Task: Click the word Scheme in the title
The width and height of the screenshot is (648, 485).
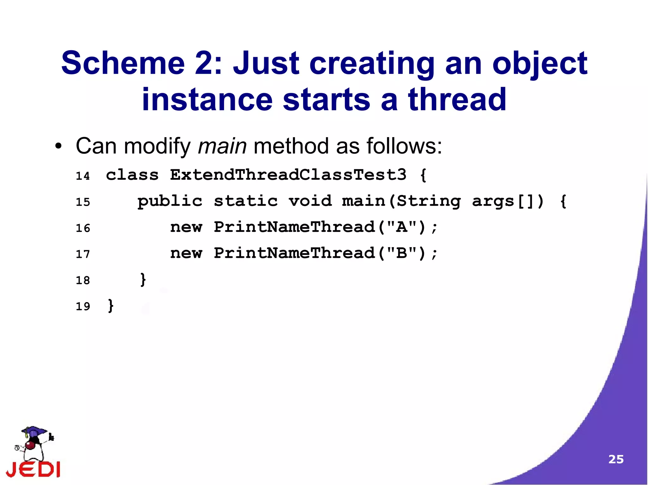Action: pyautogui.click(x=123, y=63)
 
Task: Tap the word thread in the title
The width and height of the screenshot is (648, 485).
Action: pyautogui.click(x=457, y=100)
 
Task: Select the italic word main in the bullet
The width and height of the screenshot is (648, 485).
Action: pyautogui.click(x=222, y=147)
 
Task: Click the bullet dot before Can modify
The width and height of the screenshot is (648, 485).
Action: pyautogui.click(x=58, y=147)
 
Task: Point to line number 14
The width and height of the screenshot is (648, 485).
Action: pyautogui.click(x=83, y=176)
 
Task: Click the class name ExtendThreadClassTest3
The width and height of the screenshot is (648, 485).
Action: pyautogui.click(x=288, y=175)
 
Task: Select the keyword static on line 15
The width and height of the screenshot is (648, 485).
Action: pyautogui.click(x=246, y=201)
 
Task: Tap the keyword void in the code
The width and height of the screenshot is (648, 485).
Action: pyautogui.click(x=310, y=201)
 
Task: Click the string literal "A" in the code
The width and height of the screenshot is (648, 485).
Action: pyautogui.click(x=402, y=227)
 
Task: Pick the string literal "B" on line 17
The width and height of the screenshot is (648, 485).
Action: pyautogui.click(x=402, y=253)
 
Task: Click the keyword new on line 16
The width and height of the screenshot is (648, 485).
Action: pyautogui.click(x=186, y=227)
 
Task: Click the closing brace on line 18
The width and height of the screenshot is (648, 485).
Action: pyautogui.click(x=143, y=280)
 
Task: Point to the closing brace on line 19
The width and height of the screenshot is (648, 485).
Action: pyautogui.click(x=111, y=306)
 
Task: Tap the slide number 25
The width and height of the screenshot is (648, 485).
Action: pyautogui.click(x=616, y=459)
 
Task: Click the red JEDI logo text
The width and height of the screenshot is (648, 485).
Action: pyautogui.click(x=33, y=469)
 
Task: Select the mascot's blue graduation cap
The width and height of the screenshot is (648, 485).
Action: pyautogui.click(x=34, y=431)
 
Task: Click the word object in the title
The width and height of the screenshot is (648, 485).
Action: pyautogui.click(x=540, y=63)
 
